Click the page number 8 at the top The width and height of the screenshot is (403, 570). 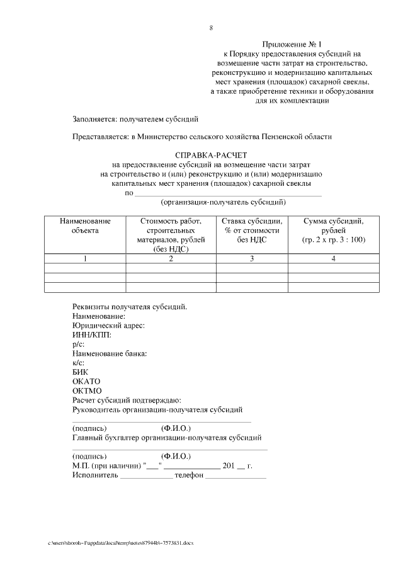(211, 28)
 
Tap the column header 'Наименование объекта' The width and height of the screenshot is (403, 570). (85, 225)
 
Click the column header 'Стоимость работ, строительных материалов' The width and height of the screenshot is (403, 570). (171, 234)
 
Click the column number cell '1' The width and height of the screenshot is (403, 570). (85, 259)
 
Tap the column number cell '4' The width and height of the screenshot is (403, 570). (333, 259)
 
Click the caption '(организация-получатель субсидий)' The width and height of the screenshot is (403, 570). (224, 202)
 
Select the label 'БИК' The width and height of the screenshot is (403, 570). (81, 372)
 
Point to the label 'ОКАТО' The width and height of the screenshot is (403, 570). (86, 382)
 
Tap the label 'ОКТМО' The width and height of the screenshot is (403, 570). (87, 391)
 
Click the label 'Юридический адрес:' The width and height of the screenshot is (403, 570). (109, 325)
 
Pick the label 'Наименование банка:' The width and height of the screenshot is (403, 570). (110, 353)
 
